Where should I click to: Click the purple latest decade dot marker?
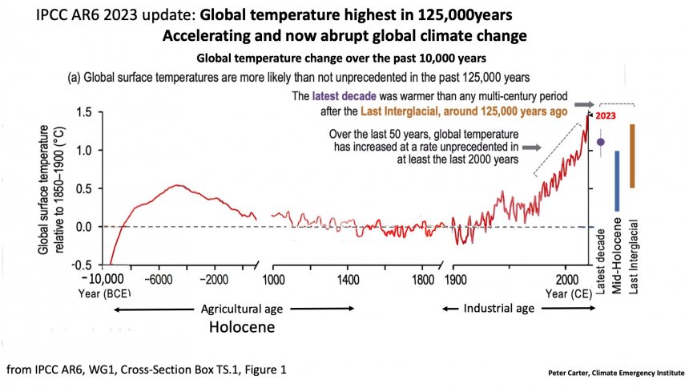(x=600, y=142)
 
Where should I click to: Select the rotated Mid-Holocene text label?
(x=618, y=255)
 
